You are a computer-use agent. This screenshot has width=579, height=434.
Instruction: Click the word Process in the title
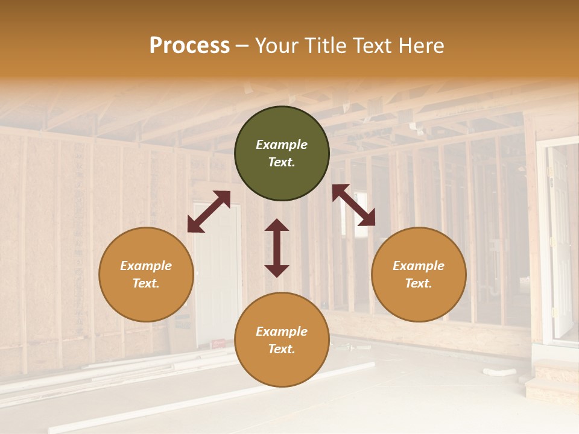189,46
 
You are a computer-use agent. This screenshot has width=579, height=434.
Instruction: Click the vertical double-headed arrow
277,248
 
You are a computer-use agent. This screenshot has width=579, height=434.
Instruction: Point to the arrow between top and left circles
209,212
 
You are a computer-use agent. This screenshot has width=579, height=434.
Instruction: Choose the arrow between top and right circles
353,205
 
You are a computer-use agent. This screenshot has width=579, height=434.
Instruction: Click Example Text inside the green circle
282,153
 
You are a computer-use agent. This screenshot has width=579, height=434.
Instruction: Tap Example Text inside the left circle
146,274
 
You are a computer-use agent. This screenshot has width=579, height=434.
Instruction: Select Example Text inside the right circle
419,274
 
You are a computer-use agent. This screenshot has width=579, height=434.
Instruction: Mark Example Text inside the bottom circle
282,340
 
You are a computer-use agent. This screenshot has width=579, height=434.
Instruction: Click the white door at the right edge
560,241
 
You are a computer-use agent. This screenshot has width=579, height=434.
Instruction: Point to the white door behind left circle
217,271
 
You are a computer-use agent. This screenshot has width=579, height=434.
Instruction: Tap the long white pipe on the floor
211,398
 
